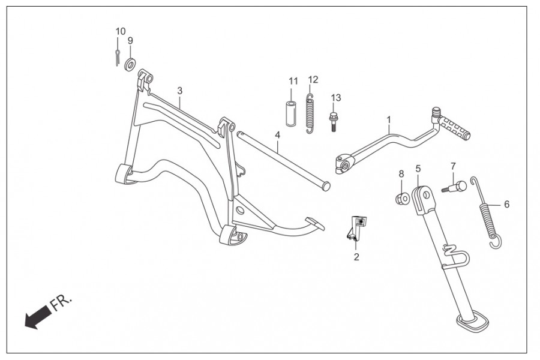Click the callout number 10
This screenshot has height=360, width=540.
121,31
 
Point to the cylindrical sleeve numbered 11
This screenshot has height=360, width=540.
290,112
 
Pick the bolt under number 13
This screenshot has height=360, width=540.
334,122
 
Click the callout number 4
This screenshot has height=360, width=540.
278,134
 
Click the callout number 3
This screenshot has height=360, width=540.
179,91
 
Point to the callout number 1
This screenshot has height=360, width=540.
389,120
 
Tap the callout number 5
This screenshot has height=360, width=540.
418,169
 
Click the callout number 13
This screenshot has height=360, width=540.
335,97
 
